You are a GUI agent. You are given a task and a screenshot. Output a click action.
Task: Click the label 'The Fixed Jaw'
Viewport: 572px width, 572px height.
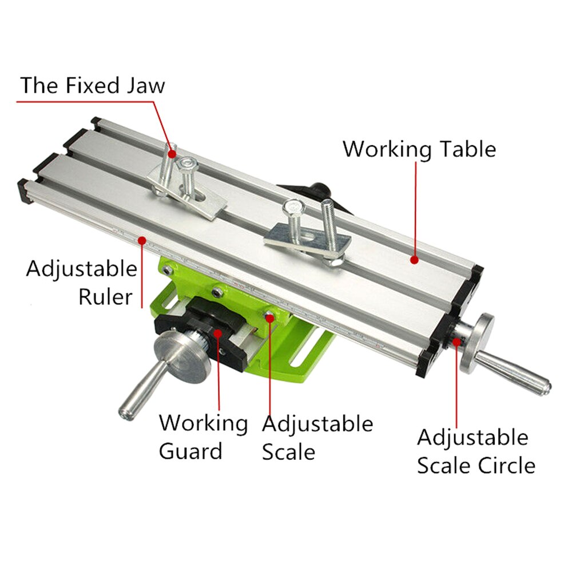pos(93,85)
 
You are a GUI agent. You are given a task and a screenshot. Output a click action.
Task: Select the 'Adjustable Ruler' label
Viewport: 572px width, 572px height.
pos(81,283)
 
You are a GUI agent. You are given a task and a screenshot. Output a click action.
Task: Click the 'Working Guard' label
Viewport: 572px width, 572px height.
pos(203,437)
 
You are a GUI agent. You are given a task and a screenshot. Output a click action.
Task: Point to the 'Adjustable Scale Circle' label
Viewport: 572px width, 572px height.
pos(475,451)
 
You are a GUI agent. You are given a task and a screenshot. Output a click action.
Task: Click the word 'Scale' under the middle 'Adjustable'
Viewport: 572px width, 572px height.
pos(288,452)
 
